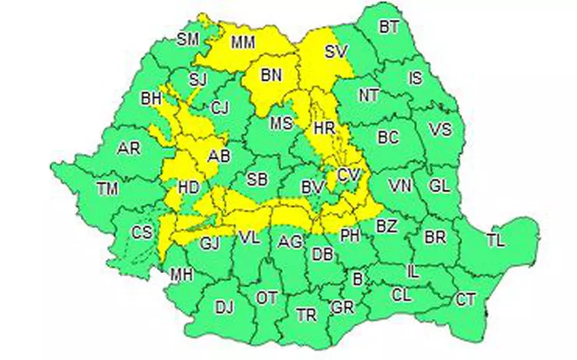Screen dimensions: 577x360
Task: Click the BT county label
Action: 389,27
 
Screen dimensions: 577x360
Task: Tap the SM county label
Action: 188,39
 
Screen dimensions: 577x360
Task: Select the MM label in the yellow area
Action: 243,43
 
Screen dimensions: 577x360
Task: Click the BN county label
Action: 271,76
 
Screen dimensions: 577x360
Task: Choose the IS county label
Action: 415,78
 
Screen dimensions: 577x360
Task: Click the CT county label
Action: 466,300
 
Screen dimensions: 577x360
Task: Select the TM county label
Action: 107,189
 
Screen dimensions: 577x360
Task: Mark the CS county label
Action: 141,233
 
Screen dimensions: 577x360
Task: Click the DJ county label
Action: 225,307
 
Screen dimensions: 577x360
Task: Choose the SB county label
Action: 257,179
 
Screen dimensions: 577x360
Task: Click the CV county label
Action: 348,175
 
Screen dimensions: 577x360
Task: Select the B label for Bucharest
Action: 357,280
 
